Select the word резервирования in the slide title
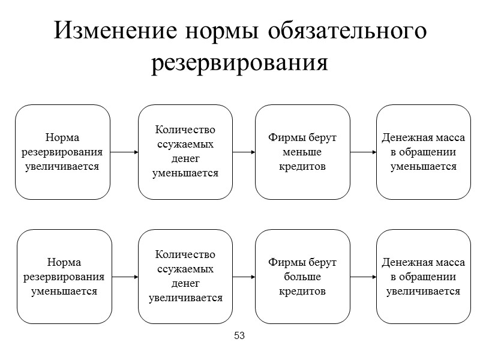point(240,62)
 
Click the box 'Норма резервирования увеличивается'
point(62,152)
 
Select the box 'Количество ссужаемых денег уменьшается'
point(185,152)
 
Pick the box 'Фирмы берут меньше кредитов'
point(302,152)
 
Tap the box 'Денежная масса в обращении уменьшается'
point(423,152)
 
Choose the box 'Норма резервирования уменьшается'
point(64,277)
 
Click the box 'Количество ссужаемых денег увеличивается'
point(185,277)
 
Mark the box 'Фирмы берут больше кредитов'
point(302,277)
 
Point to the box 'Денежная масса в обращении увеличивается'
point(423,277)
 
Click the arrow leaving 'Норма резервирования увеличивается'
point(124,152)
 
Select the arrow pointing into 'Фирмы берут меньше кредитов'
point(244,152)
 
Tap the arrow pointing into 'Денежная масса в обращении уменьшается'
point(363,152)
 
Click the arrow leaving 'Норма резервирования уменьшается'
point(125,277)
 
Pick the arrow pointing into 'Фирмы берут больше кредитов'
point(244,277)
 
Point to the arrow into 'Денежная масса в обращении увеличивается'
point(363,277)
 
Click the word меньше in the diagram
point(302,152)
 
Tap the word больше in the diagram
point(302,277)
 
